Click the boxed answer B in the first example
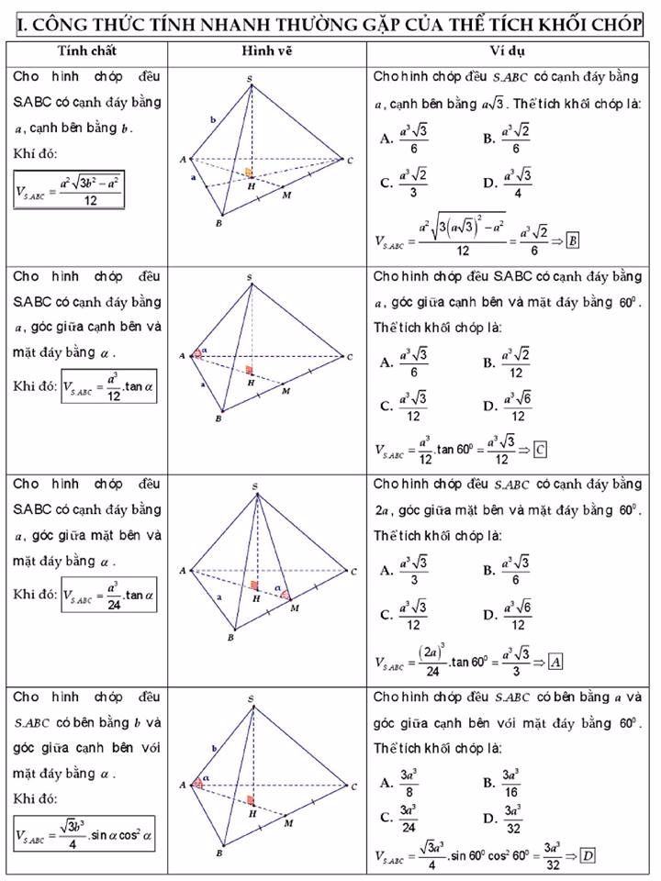point(572,240)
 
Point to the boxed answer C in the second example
point(541,450)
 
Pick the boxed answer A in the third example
point(555,661)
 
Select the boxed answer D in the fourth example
point(588,855)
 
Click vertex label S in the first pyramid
point(250,78)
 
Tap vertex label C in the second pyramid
point(349,356)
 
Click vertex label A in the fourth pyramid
point(184,786)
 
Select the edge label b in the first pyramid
point(213,119)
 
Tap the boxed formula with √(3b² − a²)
point(69,191)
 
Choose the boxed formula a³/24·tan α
point(109,595)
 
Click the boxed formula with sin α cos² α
point(84,834)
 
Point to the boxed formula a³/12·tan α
point(109,386)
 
